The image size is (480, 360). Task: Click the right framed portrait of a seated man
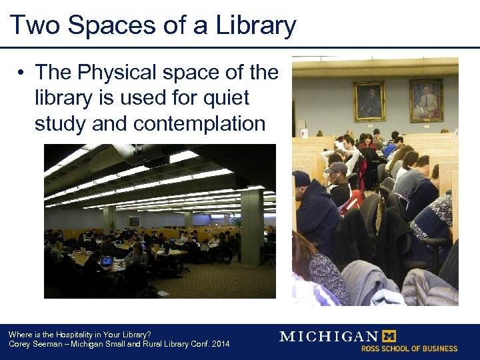pos(425,100)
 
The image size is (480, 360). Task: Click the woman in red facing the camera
pos(366,141)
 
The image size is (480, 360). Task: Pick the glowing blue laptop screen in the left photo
pos(106,261)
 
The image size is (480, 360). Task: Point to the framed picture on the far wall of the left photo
pos(134,221)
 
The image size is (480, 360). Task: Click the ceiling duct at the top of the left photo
pos(133,154)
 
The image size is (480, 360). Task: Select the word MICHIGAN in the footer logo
pos(329,336)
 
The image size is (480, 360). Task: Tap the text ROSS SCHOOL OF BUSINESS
pos(409,348)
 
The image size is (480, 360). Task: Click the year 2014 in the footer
pos(219,344)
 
